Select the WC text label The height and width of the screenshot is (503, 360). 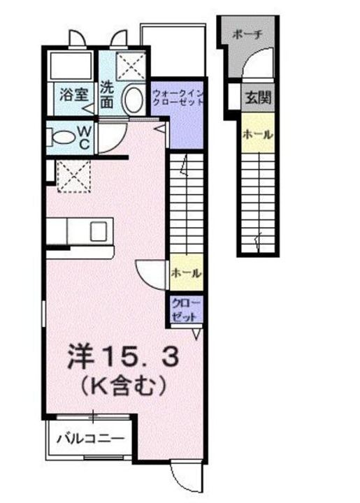pos(82,136)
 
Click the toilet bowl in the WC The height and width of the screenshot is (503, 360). pos(59,136)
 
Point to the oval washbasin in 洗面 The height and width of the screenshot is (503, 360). pos(132,101)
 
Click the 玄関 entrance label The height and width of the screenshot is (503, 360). pos(258,98)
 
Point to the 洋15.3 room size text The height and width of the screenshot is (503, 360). pos(123,356)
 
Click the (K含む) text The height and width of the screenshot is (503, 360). pos(123,384)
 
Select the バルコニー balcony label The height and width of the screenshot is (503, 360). pos(90,439)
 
